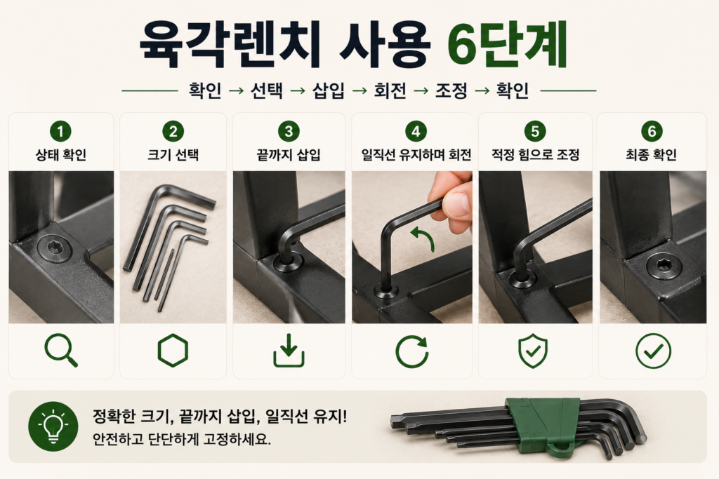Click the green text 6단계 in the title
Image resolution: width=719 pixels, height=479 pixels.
[507, 45]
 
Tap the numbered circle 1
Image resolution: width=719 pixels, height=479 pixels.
[60, 132]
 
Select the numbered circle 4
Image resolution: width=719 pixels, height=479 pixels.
[416, 132]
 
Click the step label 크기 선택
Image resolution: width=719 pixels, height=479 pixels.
[173, 155]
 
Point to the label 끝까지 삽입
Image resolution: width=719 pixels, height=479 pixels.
[289, 155]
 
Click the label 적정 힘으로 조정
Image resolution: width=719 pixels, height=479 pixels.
[535, 155]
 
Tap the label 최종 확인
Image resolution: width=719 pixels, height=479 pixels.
[651, 155]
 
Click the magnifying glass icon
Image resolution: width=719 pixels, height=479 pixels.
[61, 351]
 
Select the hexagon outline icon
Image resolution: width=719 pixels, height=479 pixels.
[173, 351]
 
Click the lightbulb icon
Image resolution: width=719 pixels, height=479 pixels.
[53, 426]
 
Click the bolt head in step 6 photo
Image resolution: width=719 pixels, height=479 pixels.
[664, 265]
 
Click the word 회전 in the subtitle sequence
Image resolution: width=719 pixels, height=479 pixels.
[390, 90]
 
